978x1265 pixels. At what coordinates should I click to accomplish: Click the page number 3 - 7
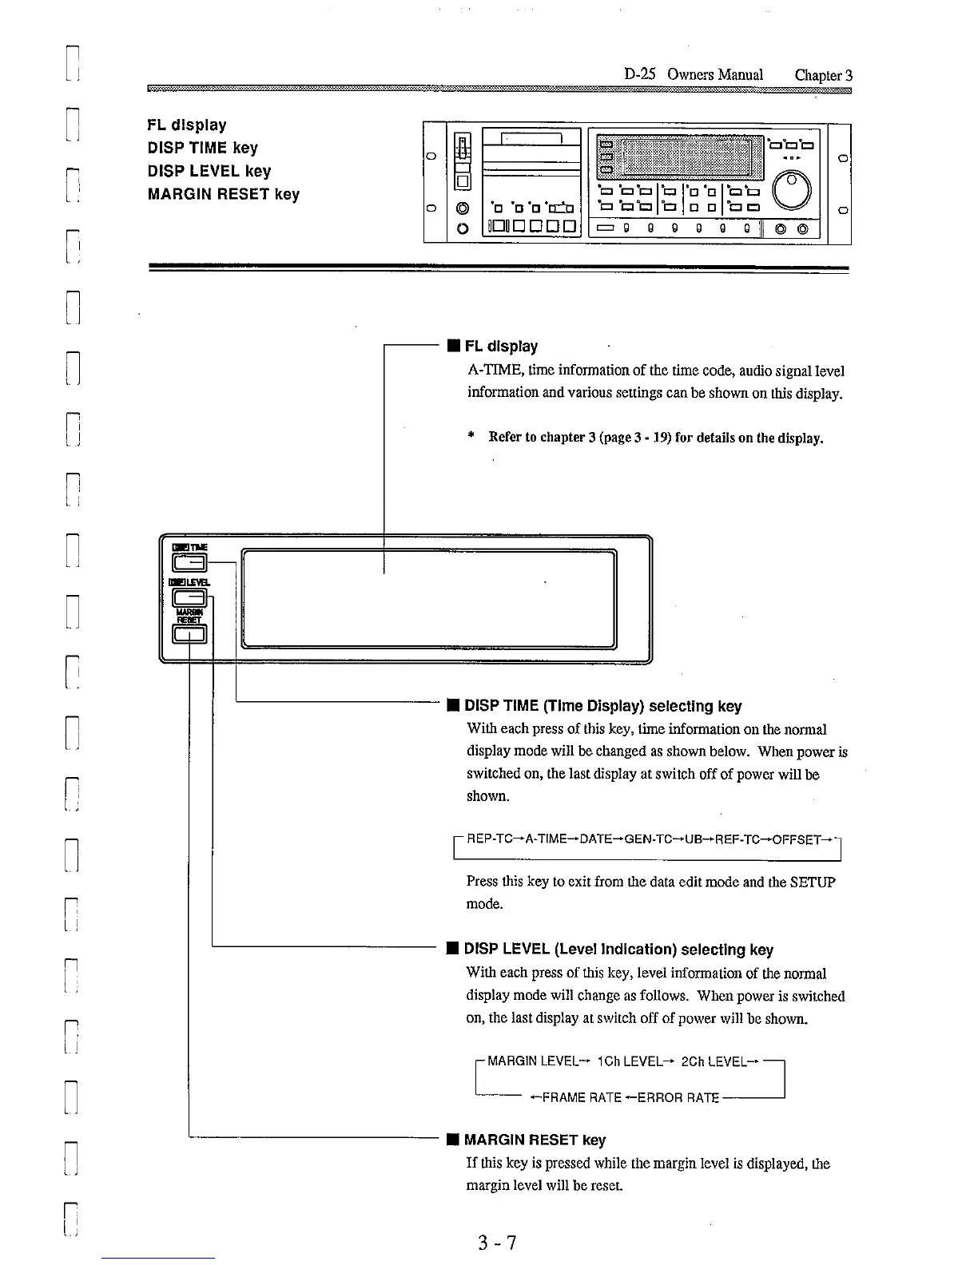pos(496,1243)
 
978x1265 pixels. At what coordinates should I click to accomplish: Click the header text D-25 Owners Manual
pos(693,74)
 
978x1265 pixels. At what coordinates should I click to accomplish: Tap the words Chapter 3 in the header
pos(823,75)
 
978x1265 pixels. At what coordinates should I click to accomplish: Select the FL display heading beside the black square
pos(501,346)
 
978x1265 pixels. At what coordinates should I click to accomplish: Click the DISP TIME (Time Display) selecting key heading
pos(602,706)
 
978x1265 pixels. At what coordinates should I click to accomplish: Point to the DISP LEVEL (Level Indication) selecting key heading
pos(618,950)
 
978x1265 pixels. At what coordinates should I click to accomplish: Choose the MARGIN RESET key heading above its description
pos(535,1140)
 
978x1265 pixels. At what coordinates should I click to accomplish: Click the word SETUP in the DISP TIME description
pos(812,882)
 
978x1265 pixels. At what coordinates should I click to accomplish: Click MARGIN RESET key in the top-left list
pos(223,194)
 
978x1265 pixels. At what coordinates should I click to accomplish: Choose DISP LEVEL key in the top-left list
pos(209,171)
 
